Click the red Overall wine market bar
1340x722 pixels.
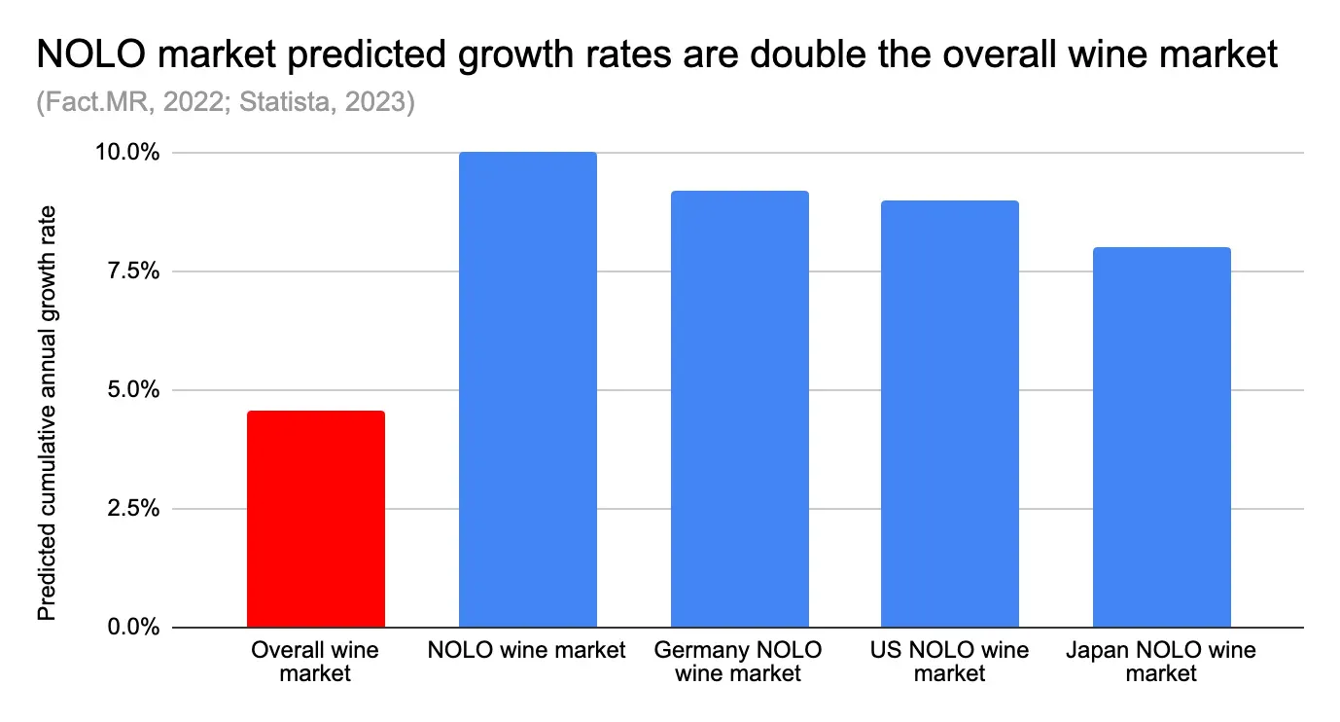[316, 519]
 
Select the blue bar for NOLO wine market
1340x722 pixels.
[527, 389]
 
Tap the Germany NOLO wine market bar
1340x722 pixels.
[739, 409]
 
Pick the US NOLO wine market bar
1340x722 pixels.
[950, 414]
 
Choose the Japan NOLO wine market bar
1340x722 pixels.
[1161, 438]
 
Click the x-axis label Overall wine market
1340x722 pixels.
[315, 661]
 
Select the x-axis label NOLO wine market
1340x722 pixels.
[527, 650]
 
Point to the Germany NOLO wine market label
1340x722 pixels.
[739, 661]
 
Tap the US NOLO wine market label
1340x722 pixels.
[950, 661]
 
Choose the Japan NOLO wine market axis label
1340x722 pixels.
[1161, 661]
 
